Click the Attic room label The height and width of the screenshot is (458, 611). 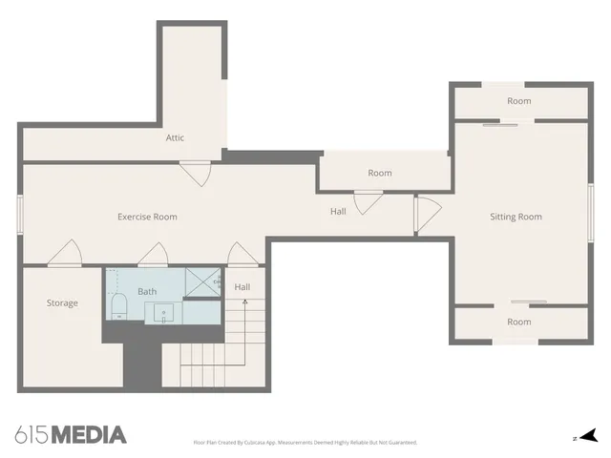[x=175, y=137]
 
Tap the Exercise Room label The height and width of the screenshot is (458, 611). [x=147, y=217]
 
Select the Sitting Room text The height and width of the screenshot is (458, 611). [x=516, y=217]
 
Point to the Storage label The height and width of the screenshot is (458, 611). [x=62, y=303]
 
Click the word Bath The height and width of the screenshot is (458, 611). [x=147, y=291]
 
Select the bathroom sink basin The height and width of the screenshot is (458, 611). [x=163, y=312]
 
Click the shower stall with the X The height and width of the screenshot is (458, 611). [x=201, y=282]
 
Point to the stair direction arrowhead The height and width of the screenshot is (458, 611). [x=245, y=302]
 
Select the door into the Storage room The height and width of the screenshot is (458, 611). [x=65, y=253]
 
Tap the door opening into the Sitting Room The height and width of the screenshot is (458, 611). [x=426, y=214]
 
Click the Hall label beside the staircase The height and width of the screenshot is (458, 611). [x=242, y=286]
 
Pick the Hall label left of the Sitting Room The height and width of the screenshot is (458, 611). [x=338, y=211]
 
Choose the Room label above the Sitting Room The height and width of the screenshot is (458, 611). [x=518, y=101]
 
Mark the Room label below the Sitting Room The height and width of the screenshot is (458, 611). [x=518, y=322]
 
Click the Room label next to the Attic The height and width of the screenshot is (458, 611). [x=380, y=173]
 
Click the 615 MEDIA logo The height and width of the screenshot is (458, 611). [x=71, y=435]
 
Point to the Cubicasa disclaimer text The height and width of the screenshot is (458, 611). [x=305, y=443]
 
